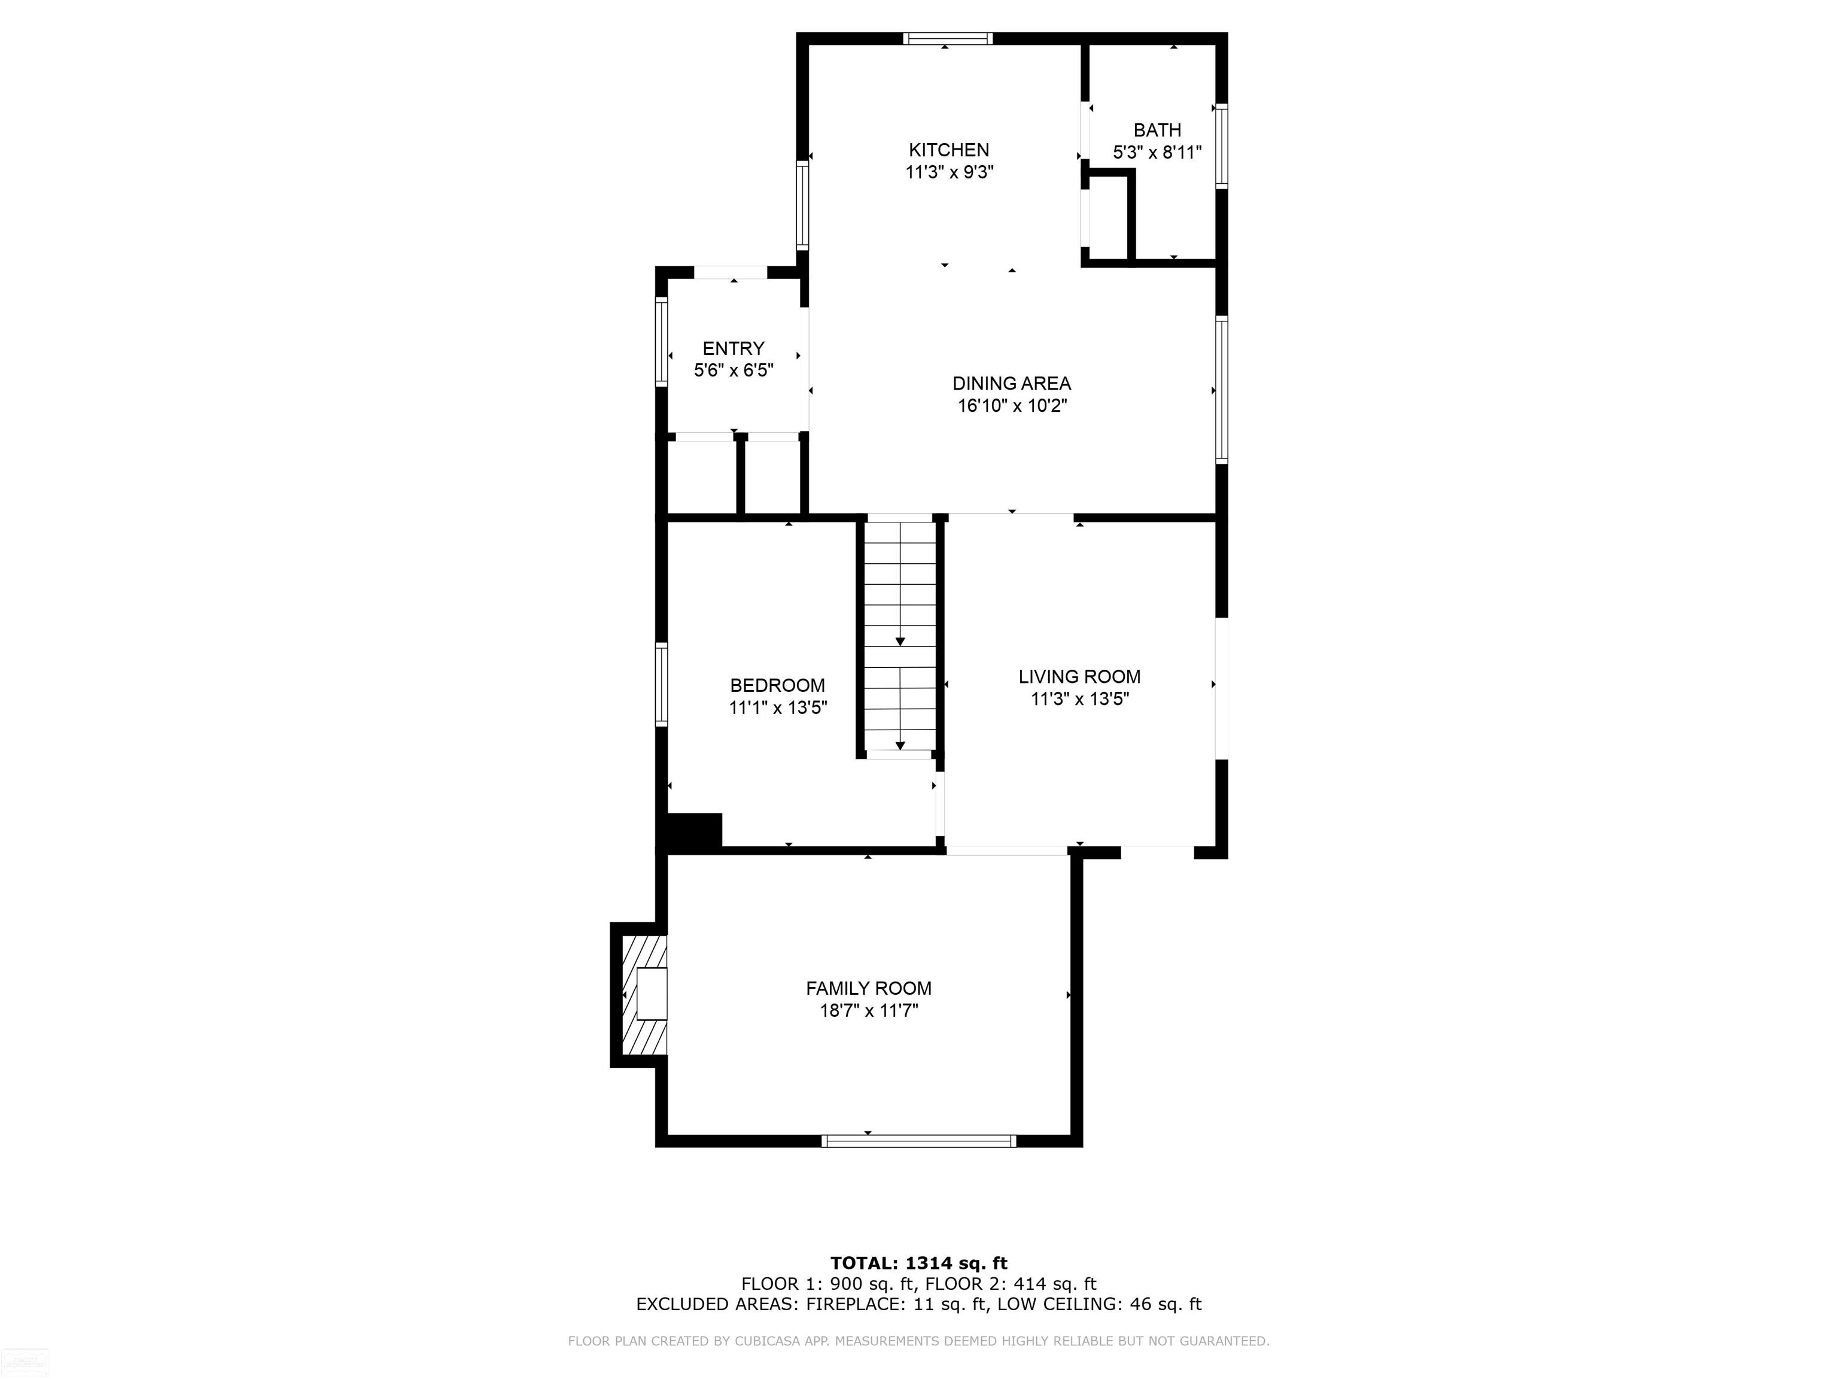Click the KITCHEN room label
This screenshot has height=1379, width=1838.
948,150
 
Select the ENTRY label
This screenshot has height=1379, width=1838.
733,348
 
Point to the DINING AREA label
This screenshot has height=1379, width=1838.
1011,383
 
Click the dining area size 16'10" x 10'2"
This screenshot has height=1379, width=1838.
1011,406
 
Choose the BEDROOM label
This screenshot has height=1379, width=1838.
777,685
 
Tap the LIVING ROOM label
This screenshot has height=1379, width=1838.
1079,676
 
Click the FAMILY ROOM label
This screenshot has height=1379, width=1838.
868,988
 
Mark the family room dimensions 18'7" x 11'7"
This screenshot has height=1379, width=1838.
868,1012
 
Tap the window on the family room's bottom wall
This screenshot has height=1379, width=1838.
918,1141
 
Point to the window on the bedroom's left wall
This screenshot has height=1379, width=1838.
661,684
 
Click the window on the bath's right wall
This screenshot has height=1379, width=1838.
1222,146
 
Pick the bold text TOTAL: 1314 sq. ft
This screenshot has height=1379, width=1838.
918,1264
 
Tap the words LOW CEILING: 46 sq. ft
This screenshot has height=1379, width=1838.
1098,1304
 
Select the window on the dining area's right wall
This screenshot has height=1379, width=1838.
1222,389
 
